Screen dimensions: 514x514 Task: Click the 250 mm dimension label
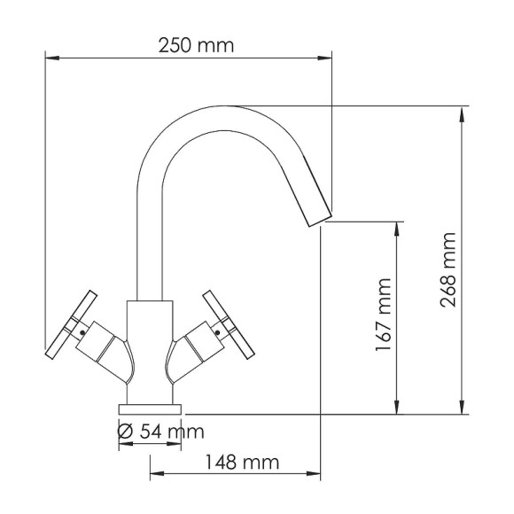pos(196,45)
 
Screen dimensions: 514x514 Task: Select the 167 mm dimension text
pos(383,315)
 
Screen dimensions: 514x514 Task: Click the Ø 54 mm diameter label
pos(160,432)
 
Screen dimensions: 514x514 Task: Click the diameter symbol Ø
pos(126,432)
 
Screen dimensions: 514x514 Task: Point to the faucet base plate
pos(151,408)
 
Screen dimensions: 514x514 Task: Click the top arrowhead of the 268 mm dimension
pos(463,111)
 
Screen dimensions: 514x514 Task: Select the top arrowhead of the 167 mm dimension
pos(398,226)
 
